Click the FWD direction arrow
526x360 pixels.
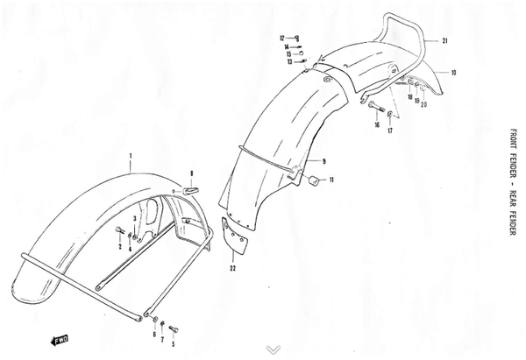click(59, 340)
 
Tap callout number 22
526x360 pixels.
click(233, 268)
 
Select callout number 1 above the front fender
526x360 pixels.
click(131, 156)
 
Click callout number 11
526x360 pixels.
click(331, 180)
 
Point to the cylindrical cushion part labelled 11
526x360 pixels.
click(313, 180)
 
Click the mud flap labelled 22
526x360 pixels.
click(234, 235)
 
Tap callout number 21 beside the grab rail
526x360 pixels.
click(444, 41)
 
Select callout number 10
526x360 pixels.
click(453, 73)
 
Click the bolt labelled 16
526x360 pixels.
click(376, 106)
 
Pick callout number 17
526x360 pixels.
click(390, 131)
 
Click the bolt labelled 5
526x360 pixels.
click(174, 329)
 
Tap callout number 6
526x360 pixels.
click(154, 335)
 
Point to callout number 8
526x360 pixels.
click(191, 173)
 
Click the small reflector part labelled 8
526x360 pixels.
click(190, 191)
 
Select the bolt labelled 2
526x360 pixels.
click(120, 230)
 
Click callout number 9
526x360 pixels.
click(323, 161)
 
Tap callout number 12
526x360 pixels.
click(282, 39)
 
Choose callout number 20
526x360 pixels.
click(423, 104)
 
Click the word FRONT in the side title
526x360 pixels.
click(513, 139)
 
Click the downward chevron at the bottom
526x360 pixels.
click(274, 350)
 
